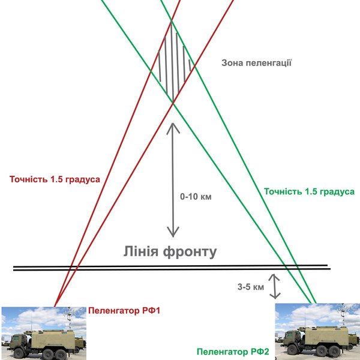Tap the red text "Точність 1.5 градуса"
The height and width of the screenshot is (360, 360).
pyautogui.click(x=55, y=179)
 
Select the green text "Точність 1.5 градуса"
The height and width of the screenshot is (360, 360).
pyautogui.click(x=309, y=191)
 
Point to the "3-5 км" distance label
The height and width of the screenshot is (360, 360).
pyautogui.click(x=250, y=287)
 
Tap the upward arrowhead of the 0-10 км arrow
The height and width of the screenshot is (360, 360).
pyautogui.click(x=173, y=127)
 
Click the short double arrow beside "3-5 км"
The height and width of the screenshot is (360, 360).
pyautogui.click(x=275, y=286)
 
